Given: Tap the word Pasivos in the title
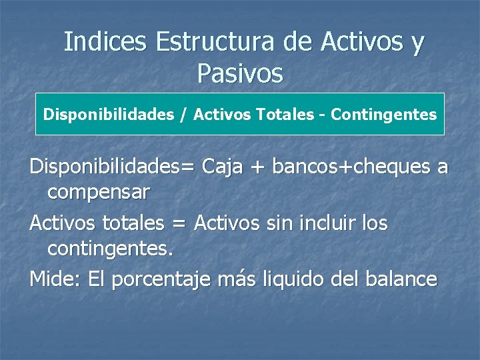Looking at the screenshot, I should point(240,73).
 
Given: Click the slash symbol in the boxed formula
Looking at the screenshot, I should point(182,115).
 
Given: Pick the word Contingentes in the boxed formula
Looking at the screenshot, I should point(384,115).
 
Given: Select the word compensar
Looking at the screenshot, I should point(99,193).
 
